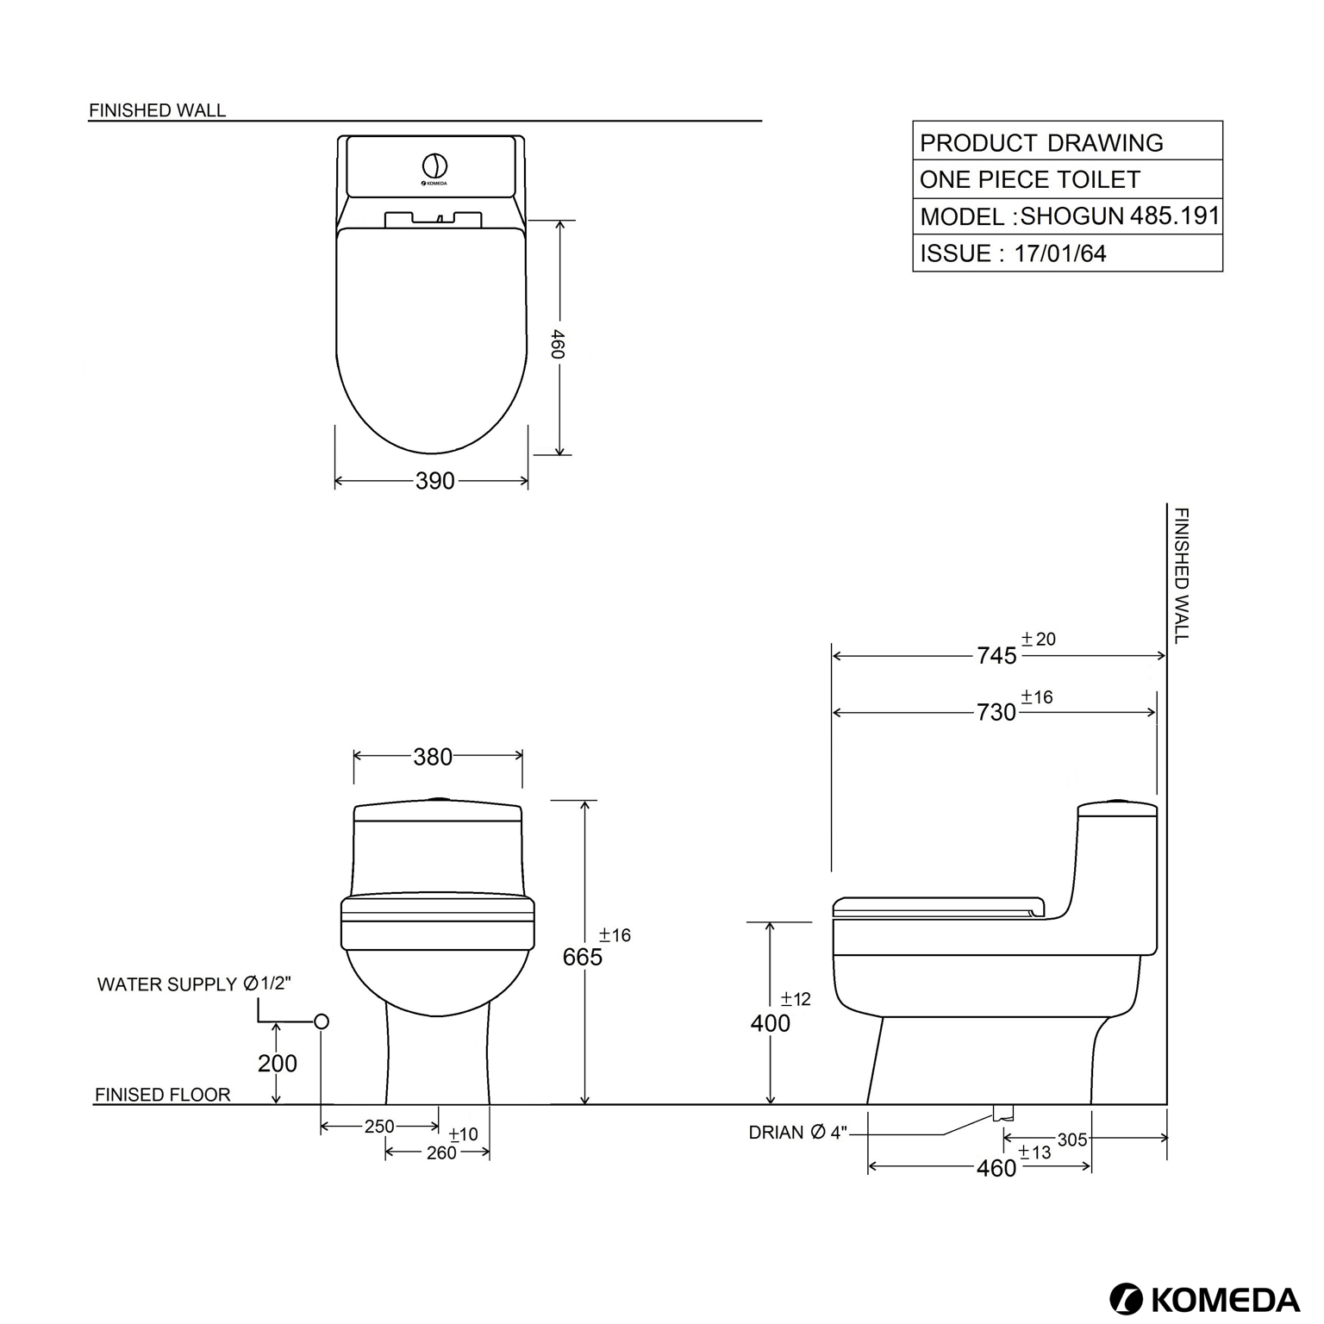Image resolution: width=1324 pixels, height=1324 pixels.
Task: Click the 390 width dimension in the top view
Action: coord(434,481)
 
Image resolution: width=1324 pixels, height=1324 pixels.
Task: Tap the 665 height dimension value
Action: coord(583,957)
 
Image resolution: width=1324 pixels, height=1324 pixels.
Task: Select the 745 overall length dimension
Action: coord(996,656)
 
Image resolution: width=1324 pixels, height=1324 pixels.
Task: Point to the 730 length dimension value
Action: coord(996,713)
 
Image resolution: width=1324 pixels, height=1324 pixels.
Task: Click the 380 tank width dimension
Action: coord(433,757)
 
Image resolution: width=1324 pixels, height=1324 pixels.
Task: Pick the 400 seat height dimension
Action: coord(770,1023)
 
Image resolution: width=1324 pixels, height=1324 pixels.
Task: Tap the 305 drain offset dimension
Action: coord(1072,1140)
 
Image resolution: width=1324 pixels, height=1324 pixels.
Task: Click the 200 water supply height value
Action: coord(278,1064)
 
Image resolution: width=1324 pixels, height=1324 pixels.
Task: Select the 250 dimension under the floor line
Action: coord(379,1127)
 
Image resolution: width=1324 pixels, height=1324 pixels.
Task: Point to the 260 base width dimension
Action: coord(441,1152)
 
